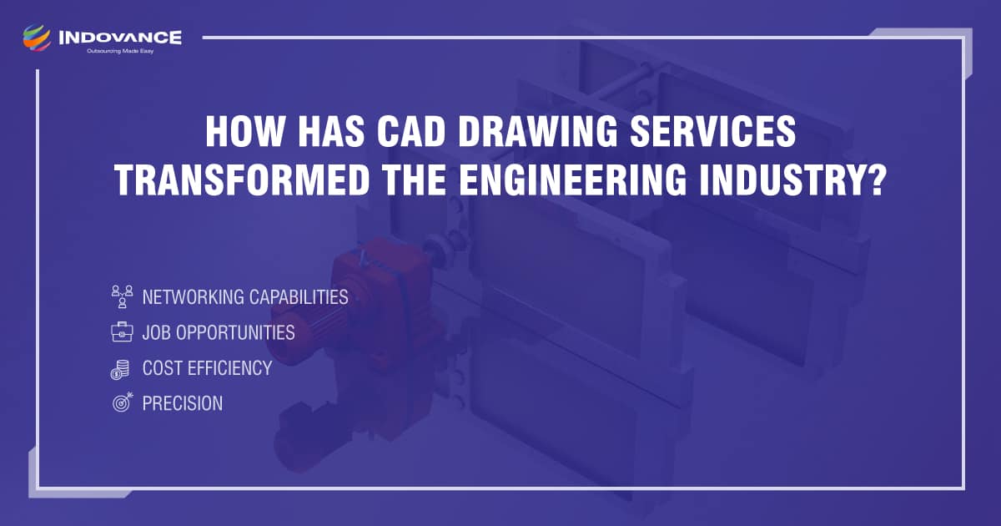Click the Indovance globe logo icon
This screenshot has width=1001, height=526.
click(37, 38)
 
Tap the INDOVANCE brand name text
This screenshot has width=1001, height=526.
click(120, 38)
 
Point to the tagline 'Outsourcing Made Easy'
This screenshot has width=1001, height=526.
click(120, 51)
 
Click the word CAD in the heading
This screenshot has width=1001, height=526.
click(411, 132)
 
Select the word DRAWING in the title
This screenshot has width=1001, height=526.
click(538, 132)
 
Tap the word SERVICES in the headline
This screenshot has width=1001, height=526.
click(713, 132)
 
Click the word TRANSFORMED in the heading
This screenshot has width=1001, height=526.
click(242, 180)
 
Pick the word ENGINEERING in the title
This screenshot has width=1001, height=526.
click(573, 180)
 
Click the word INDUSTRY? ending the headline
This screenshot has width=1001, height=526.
click(792, 180)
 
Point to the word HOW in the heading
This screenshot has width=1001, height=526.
click(245, 132)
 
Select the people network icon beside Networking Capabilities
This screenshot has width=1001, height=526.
click(122, 296)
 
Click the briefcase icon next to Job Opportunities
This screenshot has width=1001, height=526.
click(122, 332)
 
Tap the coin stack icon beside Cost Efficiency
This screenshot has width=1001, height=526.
click(120, 369)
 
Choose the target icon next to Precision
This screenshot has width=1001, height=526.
click(123, 402)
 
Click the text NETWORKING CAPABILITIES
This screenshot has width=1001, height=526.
click(245, 297)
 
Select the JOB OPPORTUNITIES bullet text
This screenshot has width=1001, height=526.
click(219, 332)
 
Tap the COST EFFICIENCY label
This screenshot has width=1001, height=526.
click(208, 368)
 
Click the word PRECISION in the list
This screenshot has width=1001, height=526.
click(183, 403)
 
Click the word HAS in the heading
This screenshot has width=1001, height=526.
click(331, 132)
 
